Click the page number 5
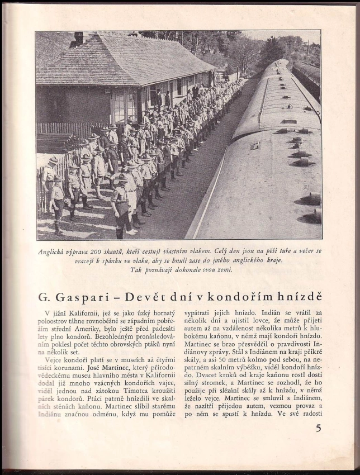coord(319,429)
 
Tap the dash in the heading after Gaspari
coord(115,297)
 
